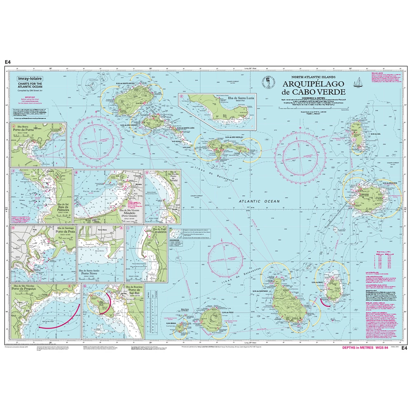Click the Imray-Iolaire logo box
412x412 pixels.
click(x=29, y=77)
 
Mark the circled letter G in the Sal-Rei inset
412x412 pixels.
click(x=85, y=287)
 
